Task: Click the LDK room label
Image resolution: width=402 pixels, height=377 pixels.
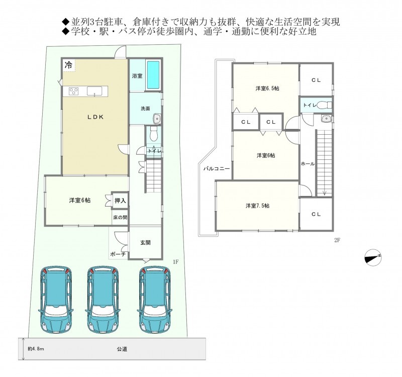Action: [95, 117]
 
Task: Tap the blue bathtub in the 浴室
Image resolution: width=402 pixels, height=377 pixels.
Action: [153, 74]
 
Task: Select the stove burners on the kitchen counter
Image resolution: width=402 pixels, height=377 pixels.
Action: [74, 91]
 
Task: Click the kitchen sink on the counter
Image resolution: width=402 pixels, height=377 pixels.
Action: [94, 91]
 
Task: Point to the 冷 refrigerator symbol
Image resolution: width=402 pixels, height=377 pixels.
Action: [68, 65]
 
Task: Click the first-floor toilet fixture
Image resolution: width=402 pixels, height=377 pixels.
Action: [153, 134]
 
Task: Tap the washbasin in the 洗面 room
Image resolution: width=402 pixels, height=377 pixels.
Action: [156, 119]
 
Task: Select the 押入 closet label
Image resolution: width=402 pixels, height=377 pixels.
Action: [120, 201]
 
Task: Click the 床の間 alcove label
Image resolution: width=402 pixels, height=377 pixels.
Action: [120, 218]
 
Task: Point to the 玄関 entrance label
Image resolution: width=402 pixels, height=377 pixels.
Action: [145, 242]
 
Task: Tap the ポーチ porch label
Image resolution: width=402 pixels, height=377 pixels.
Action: [118, 254]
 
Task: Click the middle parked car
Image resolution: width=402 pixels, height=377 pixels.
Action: [104, 299]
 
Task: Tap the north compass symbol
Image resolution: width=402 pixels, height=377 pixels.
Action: [373, 257]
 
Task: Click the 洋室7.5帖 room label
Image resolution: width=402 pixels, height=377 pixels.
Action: [257, 206]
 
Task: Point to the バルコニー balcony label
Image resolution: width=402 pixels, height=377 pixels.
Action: [217, 169]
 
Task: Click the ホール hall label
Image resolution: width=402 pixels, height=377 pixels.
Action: [308, 164]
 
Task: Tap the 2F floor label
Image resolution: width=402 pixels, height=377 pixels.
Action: [337, 240]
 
